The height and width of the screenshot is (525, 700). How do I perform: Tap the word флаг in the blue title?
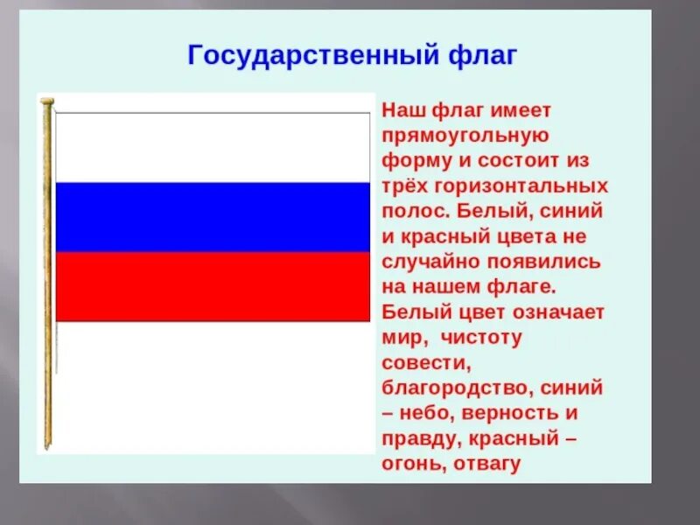click(482, 56)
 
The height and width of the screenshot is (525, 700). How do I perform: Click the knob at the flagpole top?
click(47, 101)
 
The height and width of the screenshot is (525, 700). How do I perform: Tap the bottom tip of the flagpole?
click(48, 446)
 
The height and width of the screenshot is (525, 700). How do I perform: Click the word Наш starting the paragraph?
click(402, 111)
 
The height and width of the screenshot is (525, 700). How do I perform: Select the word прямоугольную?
click(465, 136)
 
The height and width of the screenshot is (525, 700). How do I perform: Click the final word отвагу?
click(487, 464)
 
